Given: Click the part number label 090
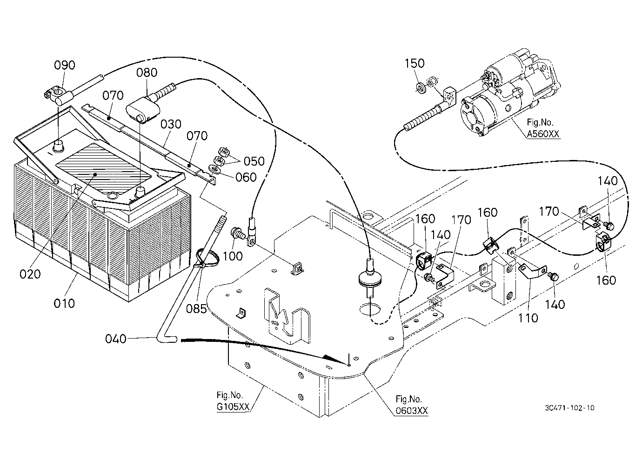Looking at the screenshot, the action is tap(65, 65).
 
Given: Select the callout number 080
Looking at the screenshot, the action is tap(147, 73).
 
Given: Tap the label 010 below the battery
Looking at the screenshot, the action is tap(64, 303).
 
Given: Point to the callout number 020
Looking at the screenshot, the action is tap(30, 274).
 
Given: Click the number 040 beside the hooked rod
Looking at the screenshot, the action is tap(116, 339).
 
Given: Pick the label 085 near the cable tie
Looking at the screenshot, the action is tap(196, 309).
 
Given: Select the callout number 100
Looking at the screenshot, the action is tap(233, 256).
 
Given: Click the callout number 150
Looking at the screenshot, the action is tap(415, 63).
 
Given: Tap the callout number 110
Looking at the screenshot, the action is tap(528, 318).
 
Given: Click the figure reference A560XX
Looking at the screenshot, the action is tap(543, 134).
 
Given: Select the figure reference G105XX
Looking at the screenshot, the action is tap(233, 407).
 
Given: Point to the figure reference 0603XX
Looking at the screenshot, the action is tap(412, 411).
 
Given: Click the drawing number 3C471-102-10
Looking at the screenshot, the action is tap(570, 408).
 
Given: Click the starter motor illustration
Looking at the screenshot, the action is tap(510, 94).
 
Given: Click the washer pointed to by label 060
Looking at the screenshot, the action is tap(214, 169).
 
